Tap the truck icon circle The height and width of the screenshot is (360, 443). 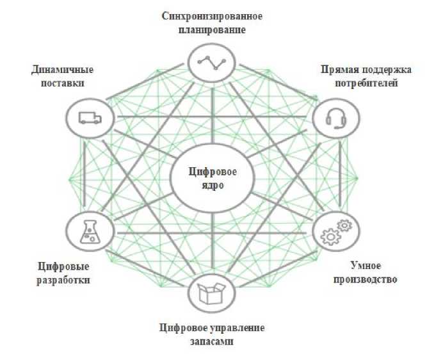coord(89,118)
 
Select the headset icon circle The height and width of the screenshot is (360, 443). coord(335,119)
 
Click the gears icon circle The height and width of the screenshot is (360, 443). coord(335,234)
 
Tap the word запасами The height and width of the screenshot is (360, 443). coord(211,342)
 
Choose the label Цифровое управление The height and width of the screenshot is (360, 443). coord(211,328)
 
